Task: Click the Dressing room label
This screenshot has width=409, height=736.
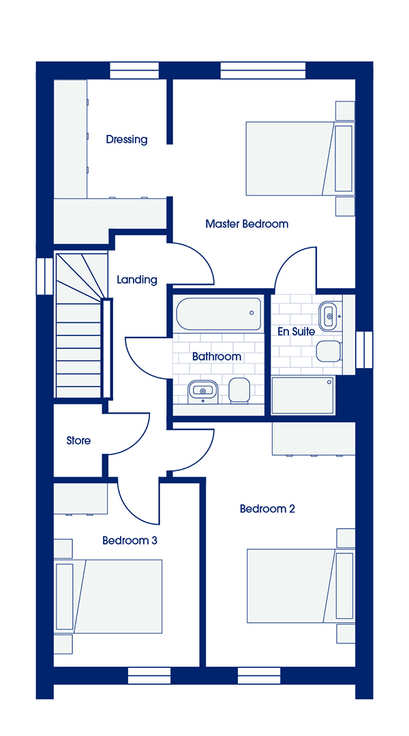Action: [x=126, y=140]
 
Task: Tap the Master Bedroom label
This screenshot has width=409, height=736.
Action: [x=247, y=224]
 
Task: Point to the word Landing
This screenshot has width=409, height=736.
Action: [x=136, y=280]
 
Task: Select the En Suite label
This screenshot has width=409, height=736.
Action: [x=296, y=331]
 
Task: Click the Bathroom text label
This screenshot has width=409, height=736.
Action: [x=217, y=356]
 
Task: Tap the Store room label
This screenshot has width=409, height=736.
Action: [x=78, y=441]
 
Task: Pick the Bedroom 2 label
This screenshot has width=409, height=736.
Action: [x=267, y=509]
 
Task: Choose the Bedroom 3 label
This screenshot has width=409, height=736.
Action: [x=130, y=540]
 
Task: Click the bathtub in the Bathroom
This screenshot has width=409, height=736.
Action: [x=219, y=314]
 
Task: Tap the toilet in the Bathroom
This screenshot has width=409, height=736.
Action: [x=239, y=390]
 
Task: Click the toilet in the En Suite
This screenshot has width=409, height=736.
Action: [x=329, y=352]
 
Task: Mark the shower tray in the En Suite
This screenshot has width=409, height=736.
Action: [x=303, y=396]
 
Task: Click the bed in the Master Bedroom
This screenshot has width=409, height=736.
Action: [x=299, y=159]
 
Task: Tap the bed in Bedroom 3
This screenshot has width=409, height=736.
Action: [x=108, y=596]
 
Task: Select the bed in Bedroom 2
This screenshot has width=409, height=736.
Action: [x=300, y=586]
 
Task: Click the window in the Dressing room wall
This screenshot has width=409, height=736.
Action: [x=134, y=70]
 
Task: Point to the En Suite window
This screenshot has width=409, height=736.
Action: [x=364, y=350]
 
